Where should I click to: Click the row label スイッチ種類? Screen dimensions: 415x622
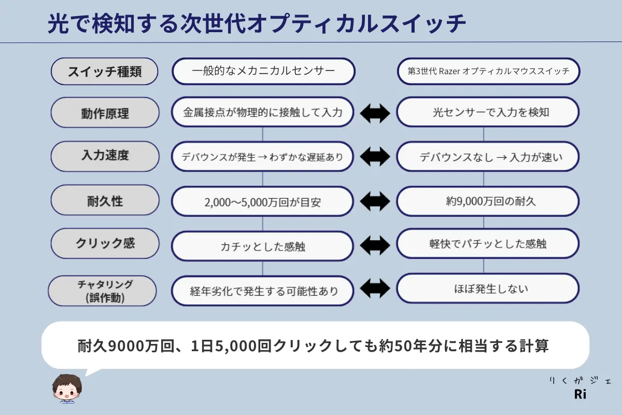click(x=104, y=72)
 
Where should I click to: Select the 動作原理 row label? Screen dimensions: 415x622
click(x=104, y=113)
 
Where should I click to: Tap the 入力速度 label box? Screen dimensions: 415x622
click(x=104, y=156)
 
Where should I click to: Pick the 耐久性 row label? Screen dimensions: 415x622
click(x=104, y=200)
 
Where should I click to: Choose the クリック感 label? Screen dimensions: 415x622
click(x=104, y=243)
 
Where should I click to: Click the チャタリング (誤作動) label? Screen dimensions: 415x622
click(x=102, y=290)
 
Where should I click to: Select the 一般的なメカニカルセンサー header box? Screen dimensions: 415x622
click(x=263, y=72)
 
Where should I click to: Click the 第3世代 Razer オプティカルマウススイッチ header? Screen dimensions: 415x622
click(x=488, y=72)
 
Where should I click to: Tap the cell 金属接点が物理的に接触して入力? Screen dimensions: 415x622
click(x=263, y=112)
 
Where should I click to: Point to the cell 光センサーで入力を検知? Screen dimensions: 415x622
click(x=488, y=112)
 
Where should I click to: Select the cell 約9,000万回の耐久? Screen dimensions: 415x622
click(x=488, y=201)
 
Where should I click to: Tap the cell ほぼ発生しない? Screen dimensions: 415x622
click(x=488, y=288)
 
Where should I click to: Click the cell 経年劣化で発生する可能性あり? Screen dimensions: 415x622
click(x=263, y=291)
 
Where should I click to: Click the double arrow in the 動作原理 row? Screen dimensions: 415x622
click(x=375, y=113)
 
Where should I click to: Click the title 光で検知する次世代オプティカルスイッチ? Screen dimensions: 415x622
click(x=257, y=24)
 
